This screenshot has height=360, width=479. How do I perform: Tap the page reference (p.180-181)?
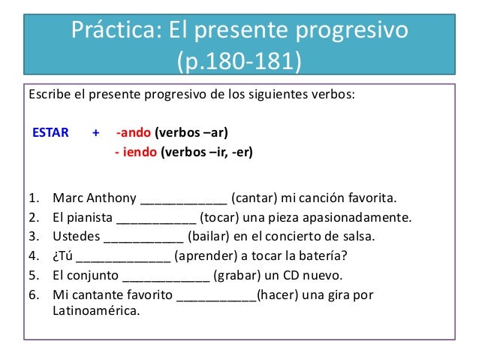239,60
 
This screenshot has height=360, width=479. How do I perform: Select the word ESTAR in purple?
50,134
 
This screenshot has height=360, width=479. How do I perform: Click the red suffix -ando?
134,134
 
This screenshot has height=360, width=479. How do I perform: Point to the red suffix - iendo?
135,153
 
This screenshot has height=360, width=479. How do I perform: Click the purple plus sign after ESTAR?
95,134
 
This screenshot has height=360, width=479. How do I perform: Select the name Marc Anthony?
95,199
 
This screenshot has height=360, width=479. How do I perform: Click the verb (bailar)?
209,237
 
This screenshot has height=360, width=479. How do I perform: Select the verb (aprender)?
208,256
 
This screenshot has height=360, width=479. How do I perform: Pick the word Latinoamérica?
95,310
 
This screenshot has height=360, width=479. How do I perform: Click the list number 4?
33,256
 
